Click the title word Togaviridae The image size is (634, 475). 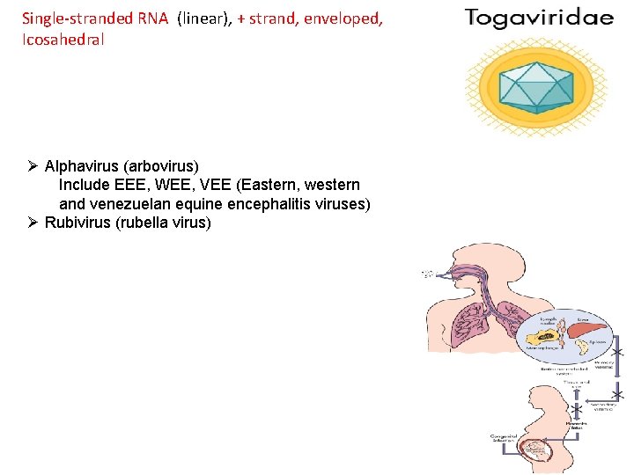pos(539,18)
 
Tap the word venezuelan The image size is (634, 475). pos(132,204)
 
